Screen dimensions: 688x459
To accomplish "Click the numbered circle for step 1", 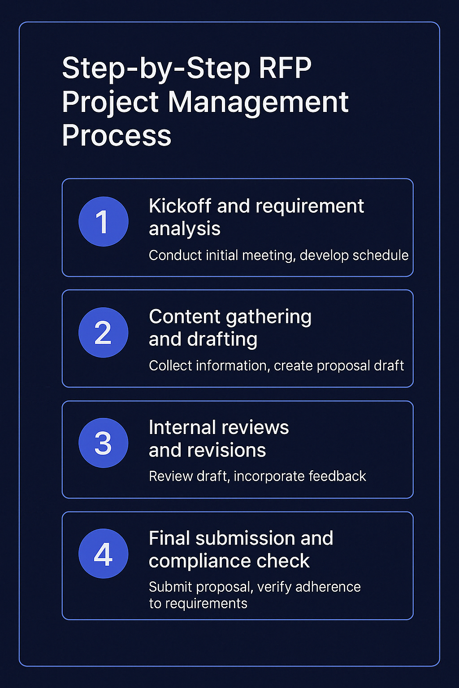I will (103, 221).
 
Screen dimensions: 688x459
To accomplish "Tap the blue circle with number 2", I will (103, 332).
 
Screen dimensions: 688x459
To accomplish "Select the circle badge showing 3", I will (103, 443).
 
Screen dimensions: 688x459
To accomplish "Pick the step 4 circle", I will (103, 554).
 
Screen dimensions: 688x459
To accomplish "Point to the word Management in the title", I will (258, 102).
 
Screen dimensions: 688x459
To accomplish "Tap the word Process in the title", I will (117, 135).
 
